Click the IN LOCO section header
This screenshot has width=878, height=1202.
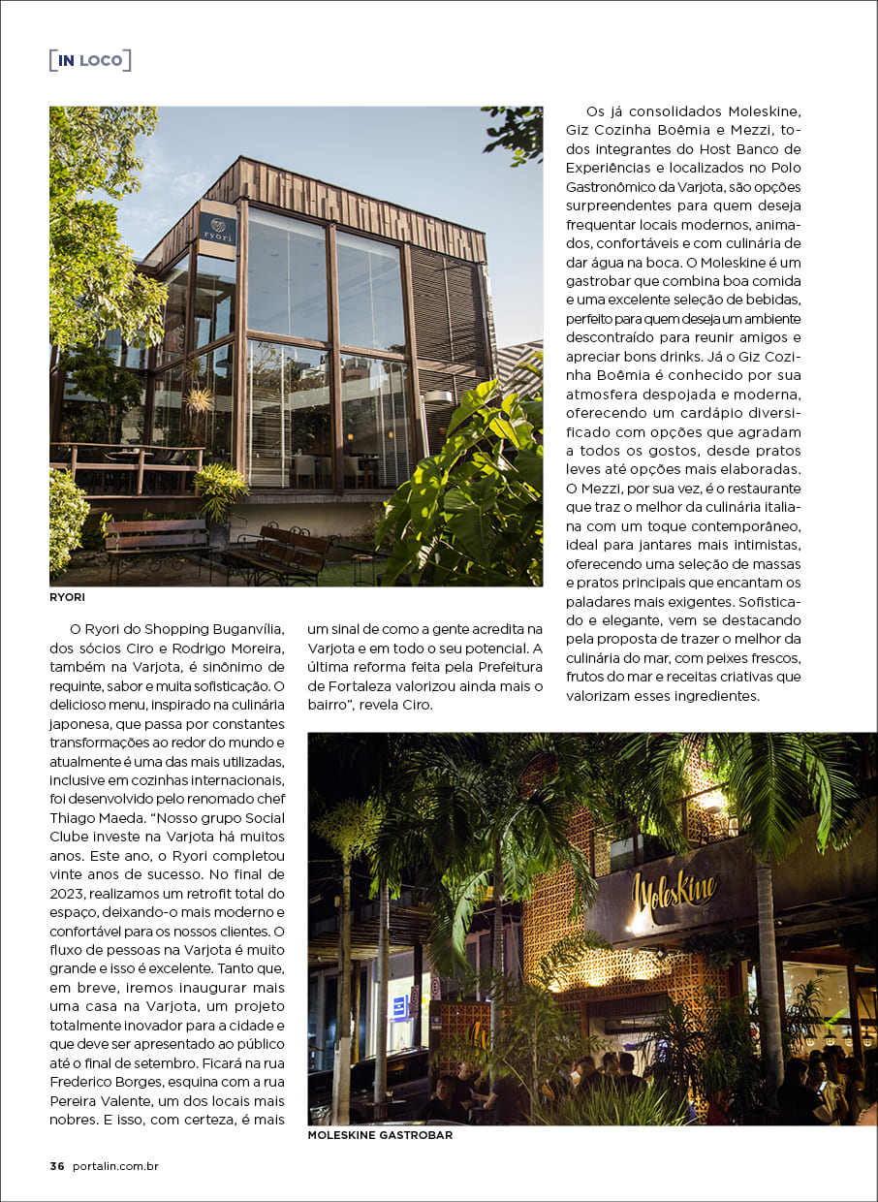pyautogui.click(x=90, y=60)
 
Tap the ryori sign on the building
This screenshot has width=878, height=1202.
pyautogui.click(x=217, y=231)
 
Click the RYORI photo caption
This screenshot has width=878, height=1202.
pyautogui.click(x=67, y=598)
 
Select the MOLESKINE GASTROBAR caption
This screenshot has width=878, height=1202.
pyautogui.click(x=380, y=1135)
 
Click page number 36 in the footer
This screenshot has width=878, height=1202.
pyautogui.click(x=57, y=1166)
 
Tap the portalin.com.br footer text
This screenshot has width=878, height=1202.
pyautogui.click(x=114, y=1166)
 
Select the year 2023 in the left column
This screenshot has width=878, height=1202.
pyautogui.click(x=71, y=892)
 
